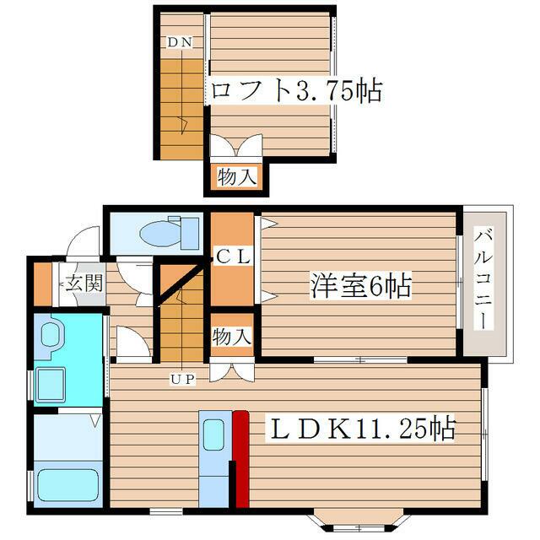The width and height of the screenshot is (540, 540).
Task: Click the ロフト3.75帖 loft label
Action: [x=296, y=91]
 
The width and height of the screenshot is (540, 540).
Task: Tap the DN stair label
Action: [x=180, y=42]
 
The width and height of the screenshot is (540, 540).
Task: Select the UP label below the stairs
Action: [x=183, y=379]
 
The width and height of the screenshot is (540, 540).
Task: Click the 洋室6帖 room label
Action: [x=361, y=285]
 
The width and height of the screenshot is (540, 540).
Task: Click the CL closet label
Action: [x=233, y=256]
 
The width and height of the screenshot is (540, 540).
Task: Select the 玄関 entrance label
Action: [x=84, y=283]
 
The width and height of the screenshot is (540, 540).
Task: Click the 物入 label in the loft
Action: [x=237, y=176]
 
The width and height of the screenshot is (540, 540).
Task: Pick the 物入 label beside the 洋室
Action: [x=232, y=337]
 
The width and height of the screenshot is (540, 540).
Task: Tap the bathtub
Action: [x=67, y=486]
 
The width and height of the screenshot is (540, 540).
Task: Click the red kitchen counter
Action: [x=241, y=459]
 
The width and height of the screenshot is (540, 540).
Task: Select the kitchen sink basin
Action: [x=213, y=435]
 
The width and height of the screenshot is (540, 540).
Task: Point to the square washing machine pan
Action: [x=51, y=385]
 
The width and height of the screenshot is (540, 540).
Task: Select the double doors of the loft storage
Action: [x=236, y=146]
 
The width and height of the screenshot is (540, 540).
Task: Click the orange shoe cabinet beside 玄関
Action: [x=43, y=284]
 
